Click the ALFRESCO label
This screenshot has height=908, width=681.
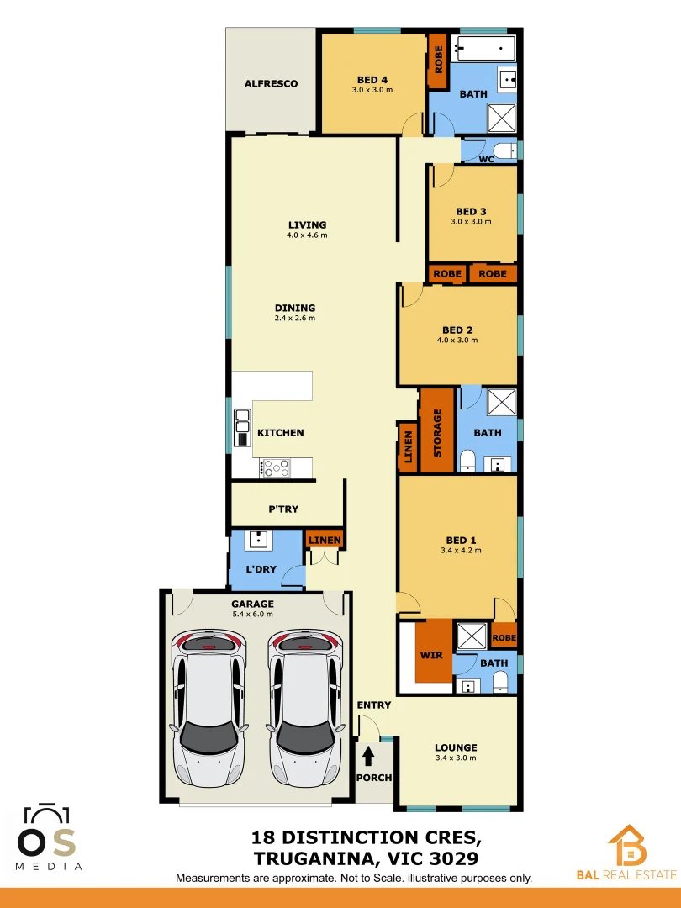tap(271, 84)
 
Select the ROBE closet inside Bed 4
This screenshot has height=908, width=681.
tap(437, 60)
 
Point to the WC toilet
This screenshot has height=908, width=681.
tap(503, 152)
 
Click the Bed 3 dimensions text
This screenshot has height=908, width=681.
tap(471, 222)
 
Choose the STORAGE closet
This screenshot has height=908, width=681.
tap(437, 431)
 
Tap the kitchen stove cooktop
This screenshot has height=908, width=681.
tap(275, 467)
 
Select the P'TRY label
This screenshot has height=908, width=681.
tap(283, 509)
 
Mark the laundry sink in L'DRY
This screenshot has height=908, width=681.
tap(260, 540)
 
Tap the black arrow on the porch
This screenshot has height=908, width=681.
tap(368, 755)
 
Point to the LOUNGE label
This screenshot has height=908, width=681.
tap(456, 747)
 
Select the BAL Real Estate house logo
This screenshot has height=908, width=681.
tap(626, 846)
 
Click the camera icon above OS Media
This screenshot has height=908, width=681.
tap(47, 816)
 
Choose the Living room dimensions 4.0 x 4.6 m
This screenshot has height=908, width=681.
tap(307, 235)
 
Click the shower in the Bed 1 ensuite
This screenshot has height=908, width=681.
tap(471, 635)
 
